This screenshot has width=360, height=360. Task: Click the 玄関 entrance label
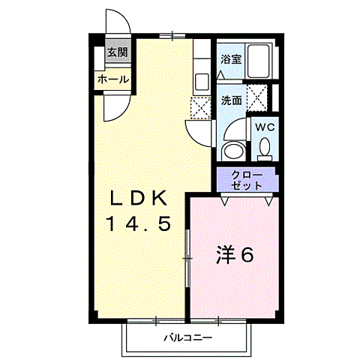coord(115,52)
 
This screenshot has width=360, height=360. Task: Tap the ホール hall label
coord(112,79)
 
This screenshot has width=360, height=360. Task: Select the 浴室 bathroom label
coord(229,58)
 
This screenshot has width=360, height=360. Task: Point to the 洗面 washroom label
coord(230,100)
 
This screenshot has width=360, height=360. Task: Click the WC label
coord(265,127)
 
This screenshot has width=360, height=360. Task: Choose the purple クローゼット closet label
coord(247,179)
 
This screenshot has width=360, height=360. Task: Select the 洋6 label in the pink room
coord(235,255)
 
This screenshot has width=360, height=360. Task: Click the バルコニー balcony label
coord(187,338)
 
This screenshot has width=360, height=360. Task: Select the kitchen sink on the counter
coord(202,80)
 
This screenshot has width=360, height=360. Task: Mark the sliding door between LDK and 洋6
coord(187,255)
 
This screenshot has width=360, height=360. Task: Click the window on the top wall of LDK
coord(172,34)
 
